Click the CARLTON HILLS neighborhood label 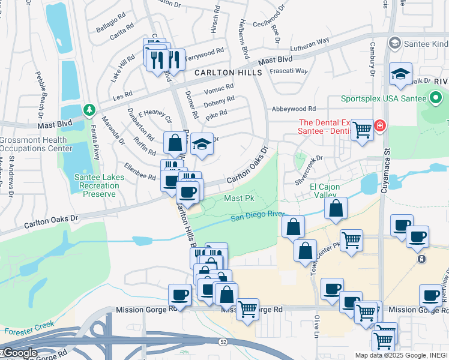228,73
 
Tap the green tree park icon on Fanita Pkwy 89,110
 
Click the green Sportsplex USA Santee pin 436,97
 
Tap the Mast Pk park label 240,198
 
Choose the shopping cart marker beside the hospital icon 362,129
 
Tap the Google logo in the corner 19,353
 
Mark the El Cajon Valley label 325,191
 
